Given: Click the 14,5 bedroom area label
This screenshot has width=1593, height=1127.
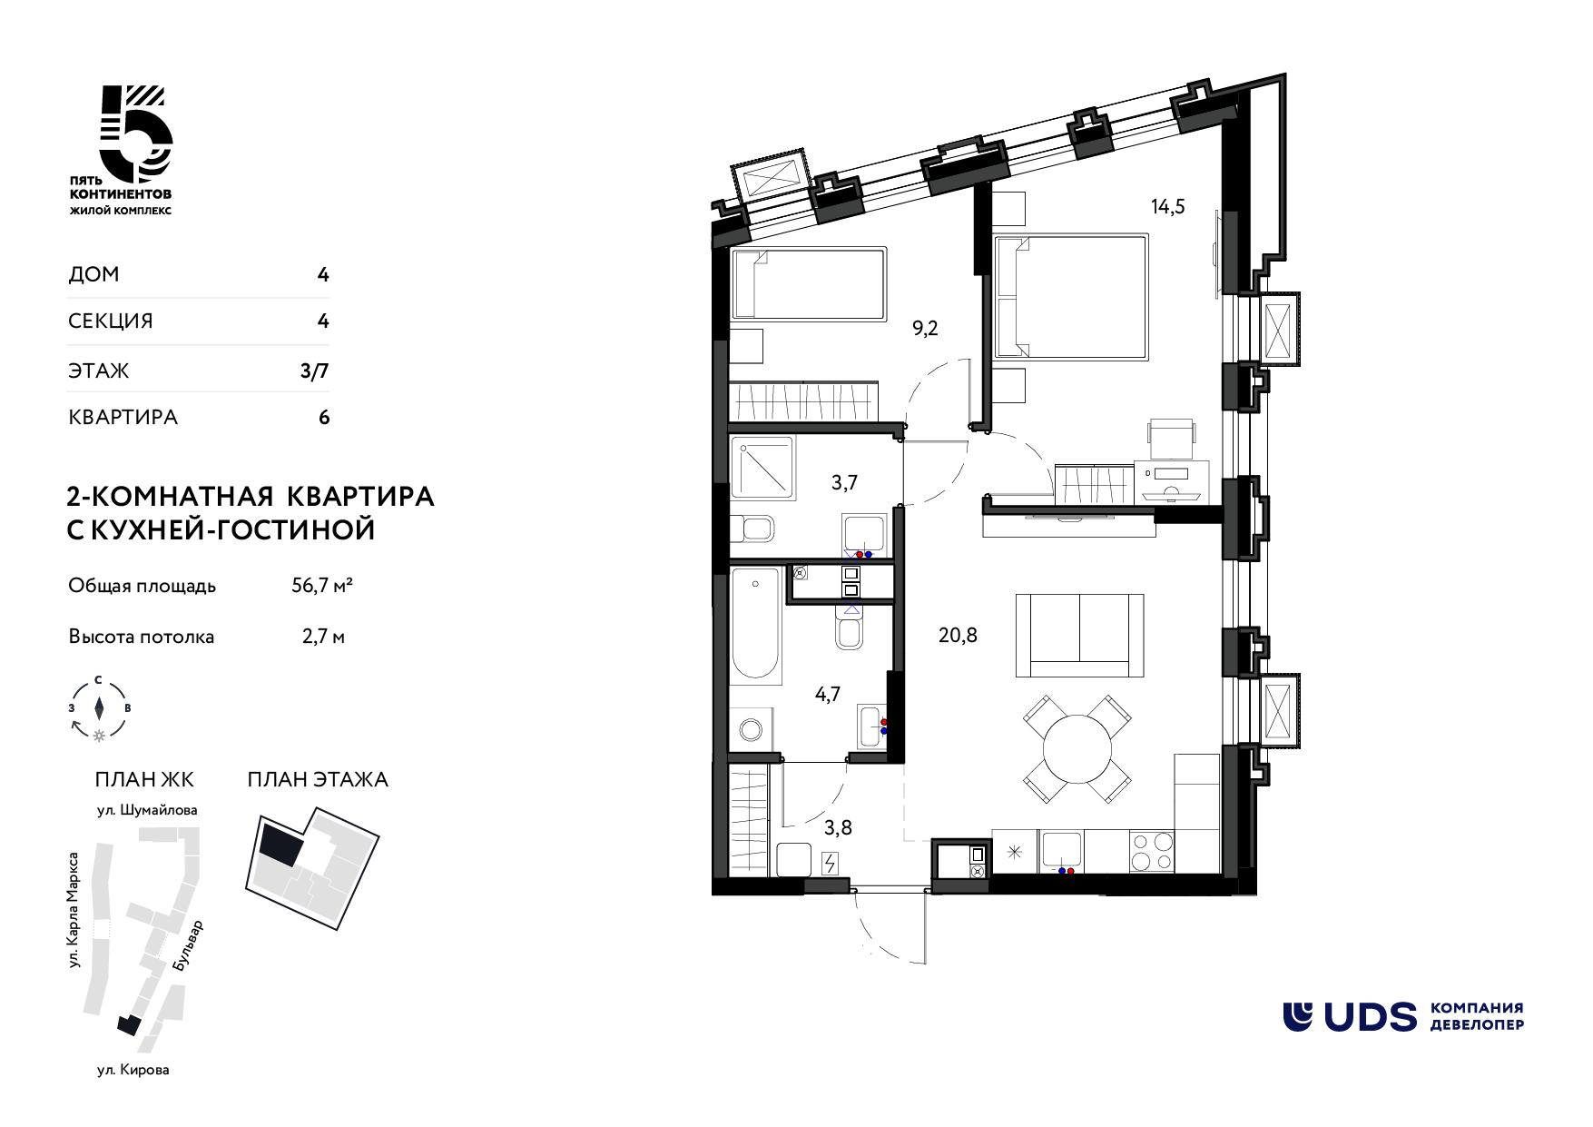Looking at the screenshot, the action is click(1168, 206).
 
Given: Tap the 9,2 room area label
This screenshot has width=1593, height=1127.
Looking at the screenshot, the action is click(925, 329).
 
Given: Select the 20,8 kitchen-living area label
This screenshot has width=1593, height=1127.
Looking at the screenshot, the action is click(958, 636).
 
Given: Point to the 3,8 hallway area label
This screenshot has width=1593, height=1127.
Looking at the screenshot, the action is click(838, 828).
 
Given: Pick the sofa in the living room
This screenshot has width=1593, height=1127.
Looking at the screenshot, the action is click(1080, 636).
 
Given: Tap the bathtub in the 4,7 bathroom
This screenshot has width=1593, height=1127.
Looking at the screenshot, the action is click(756, 625).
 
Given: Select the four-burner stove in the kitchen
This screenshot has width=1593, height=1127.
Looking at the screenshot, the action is click(1151, 855).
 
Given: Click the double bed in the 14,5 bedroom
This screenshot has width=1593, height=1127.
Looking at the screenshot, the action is click(1072, 297).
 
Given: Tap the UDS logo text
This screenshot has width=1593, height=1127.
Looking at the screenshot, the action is click(1349, 1016).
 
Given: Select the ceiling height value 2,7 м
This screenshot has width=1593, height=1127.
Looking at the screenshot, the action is click(323, 637).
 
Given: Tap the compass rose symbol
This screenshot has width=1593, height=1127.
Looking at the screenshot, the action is click(100, 707).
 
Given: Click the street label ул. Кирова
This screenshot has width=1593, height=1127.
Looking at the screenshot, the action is click(133, 1070).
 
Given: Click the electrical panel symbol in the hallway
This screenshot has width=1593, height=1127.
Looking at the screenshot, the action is click(830, 864).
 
